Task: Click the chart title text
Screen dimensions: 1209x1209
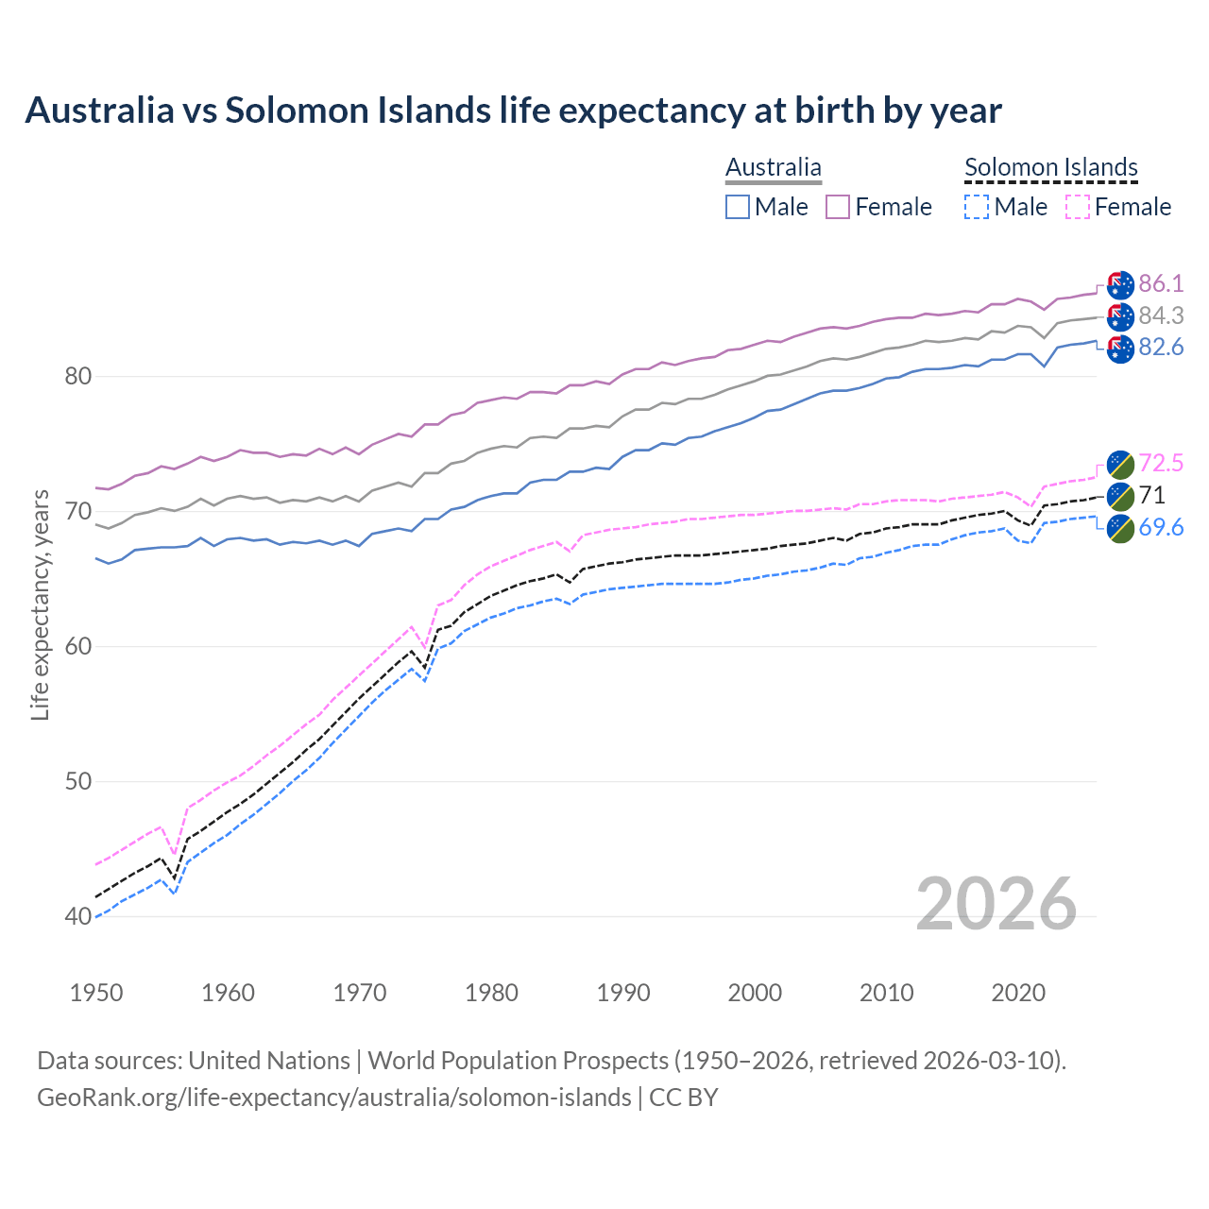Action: (513, 111)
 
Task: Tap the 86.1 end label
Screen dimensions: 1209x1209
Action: (1161, 283)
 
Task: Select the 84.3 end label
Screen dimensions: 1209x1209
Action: (1161, 315)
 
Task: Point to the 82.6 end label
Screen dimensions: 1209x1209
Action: (1161, 347)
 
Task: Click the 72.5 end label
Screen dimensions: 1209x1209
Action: (1161, 463)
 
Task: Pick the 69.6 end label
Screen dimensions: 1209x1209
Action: (1161, 527)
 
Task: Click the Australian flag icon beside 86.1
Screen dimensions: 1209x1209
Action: (1120, 284)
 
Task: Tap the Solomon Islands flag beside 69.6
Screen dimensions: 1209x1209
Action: (1120, 528)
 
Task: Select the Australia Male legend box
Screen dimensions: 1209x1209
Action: (738, 207)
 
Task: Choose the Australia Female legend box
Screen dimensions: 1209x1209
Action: (838, 207)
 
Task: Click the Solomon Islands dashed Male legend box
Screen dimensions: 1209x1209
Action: (977, 207)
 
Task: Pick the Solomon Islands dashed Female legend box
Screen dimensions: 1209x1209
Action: (1077, 207)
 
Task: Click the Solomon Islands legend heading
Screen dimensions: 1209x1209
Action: (1050, 167)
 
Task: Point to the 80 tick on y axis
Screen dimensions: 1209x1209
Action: (77, 377)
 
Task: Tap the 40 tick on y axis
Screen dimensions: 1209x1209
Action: (77, 916)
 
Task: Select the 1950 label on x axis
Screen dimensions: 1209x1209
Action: (96, 993)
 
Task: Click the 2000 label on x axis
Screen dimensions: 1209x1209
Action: (755, 993)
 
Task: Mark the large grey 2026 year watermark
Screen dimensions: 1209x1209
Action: (996, 904)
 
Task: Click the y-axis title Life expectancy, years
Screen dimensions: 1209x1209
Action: (40, 604)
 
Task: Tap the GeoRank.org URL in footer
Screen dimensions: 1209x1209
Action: (333, 1098)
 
